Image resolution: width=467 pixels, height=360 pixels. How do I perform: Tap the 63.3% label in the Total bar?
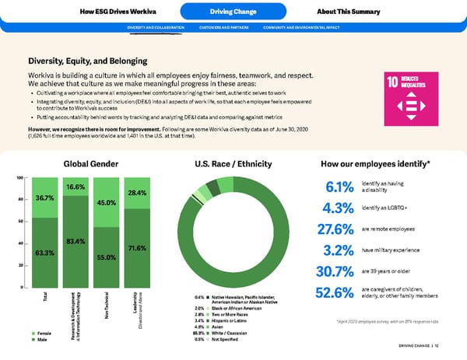pos(44,253)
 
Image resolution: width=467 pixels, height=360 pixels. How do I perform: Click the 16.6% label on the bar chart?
pos(75,187)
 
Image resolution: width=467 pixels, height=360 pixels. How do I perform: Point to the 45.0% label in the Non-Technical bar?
pos(107,203)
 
